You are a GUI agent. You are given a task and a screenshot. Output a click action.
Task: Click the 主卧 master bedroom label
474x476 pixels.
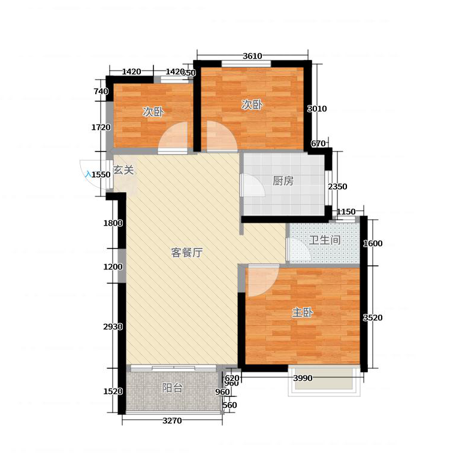pyautogui.click(x=303, y=313)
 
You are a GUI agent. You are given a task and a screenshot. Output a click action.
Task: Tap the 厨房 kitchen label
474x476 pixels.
pyautogui.click(x=283, y=181)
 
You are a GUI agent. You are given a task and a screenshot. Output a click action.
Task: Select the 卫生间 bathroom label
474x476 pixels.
pyautogui.click(x=325, y=240)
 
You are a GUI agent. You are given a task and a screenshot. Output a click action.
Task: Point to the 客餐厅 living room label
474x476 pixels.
pyautogui.click(x=186, y=253)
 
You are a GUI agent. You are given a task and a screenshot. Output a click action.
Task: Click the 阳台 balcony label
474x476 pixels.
pyautogui.click(x=172, y=387)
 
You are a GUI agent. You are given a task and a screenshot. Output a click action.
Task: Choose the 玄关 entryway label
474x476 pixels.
pyautogui.click(x=123, y=170)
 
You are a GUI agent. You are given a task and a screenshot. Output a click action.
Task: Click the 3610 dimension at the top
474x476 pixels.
pyautogui.click(x=252, y=56)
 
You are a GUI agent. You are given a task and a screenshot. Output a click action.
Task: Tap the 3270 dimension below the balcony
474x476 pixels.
pyautogui.click(x=172, y=421)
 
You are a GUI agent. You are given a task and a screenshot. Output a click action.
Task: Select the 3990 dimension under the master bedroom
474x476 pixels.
pyautogui.click(x=303, y=378)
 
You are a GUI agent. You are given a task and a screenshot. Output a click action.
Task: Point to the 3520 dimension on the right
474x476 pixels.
pyautogui.click(x=373, y=318)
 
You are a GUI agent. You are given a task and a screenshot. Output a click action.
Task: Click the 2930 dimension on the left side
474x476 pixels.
pyautogui.click(x=113, y=327)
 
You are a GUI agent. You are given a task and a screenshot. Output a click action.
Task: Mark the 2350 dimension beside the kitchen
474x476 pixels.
pyautogui.click(x=337, y=187)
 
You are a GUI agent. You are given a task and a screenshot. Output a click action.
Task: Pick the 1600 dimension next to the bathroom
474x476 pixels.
pyautogui.click(x=373, y=244)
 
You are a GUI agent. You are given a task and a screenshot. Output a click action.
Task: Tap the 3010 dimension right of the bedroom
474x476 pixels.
pyautogui.click(x=317, y=109)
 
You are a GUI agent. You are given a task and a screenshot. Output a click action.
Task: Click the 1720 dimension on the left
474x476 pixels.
pyautogui.click(x=101, y=128)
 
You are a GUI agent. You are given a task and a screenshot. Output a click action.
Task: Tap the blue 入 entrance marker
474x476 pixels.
pyautogui.click(x=88, y=174)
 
